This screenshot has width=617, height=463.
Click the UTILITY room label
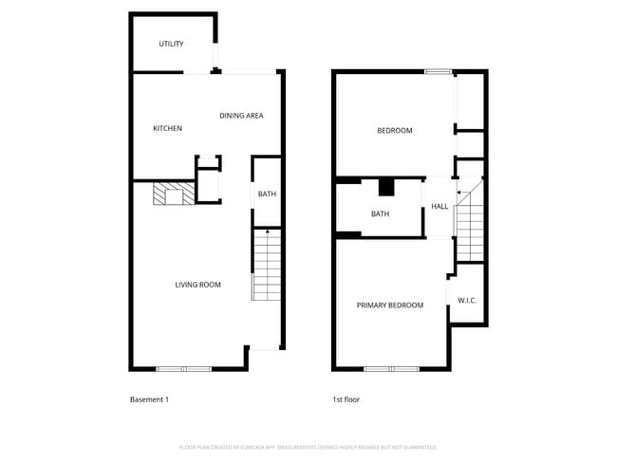point(171,44)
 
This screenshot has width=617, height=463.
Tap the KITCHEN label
point(168,129)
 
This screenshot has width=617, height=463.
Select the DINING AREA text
point(241,116)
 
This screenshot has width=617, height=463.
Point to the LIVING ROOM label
point(197,285)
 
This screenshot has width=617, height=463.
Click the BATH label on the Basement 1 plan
point(267,194)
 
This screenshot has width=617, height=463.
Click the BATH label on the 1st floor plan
point(380,214)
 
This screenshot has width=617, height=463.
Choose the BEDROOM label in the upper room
point(395,131)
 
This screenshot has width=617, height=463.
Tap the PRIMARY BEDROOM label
point(389,306)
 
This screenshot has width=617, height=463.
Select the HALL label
point(439,207)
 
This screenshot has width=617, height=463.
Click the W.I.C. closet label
point(467,301)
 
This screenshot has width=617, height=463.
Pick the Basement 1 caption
point(149,399)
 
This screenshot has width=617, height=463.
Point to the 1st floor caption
point(346,399)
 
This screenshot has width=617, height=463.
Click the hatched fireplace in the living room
point(174,194)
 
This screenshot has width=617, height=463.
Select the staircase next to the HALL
point(470,225)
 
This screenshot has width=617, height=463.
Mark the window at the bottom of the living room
point(184,368)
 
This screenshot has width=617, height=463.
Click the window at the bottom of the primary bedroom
point(391,368)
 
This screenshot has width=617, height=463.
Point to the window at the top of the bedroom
point(439,71)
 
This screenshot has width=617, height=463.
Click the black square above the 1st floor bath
point(386,186)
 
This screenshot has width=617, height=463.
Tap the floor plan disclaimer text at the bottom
point(308,447)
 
